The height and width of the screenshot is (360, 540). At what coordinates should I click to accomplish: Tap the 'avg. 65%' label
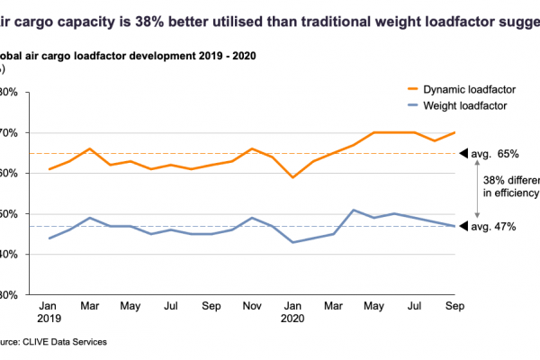[492, 154]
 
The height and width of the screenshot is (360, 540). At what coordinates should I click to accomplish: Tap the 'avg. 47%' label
[492, 227]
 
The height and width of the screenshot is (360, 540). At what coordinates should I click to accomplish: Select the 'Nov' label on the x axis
[254, 305]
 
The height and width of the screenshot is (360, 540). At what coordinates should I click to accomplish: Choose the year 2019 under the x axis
[50, 319]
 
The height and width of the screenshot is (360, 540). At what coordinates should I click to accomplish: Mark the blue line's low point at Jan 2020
[294, 242]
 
